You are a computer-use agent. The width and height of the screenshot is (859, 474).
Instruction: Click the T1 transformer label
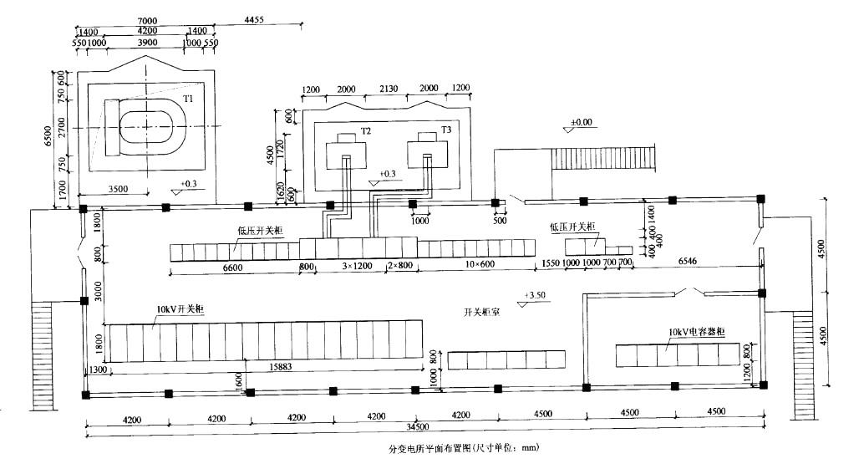(189, 99)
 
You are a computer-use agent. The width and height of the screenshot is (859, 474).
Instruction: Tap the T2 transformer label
(366, 131)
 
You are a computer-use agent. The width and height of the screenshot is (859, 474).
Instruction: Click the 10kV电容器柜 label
(696, 332)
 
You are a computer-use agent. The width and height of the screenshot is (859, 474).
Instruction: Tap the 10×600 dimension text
(474, 266)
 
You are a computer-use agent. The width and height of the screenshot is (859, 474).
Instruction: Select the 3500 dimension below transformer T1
(118, 189)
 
